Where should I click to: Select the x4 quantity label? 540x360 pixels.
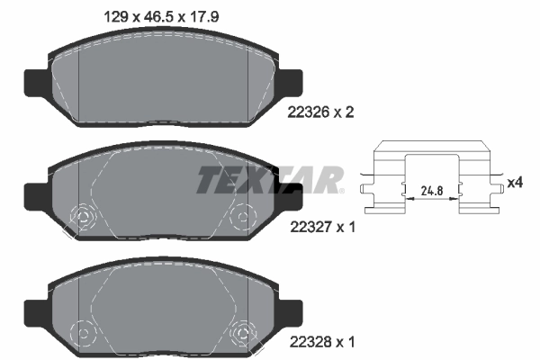pos(515,183)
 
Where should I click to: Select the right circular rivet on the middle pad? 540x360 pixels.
pos(242,217)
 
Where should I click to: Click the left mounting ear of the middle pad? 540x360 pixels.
pos(34,195)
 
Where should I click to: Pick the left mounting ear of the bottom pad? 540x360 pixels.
pos(34,310)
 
